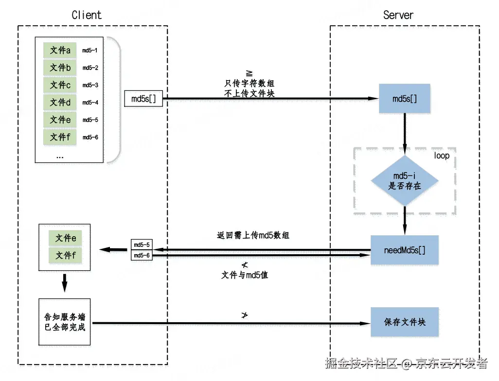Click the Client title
[x=87, y=15]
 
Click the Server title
[x=398, y=15]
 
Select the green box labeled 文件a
[x=60, y=50]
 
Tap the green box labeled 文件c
[x=60, y=85]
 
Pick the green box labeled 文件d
[x=60, y=103]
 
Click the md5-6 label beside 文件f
[x=90, y=138]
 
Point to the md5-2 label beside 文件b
[x=90, y=68]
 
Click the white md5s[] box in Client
[x=143, y=99]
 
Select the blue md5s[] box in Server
[x=405, y=99]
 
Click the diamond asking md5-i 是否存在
[x=405, y=181]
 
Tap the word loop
[x=441, y=156]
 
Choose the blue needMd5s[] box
[x=405, y=250]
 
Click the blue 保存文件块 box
[x=405, y=322]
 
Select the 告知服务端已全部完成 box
[x=65, y=322]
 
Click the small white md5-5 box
[x=142, y=244]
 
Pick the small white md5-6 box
[x=142, y=255]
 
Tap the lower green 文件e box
[x=66, y=238]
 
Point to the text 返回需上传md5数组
[x=253, y=235]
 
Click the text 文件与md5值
[x=245, y=275]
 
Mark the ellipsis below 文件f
[x=60, y=156]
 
